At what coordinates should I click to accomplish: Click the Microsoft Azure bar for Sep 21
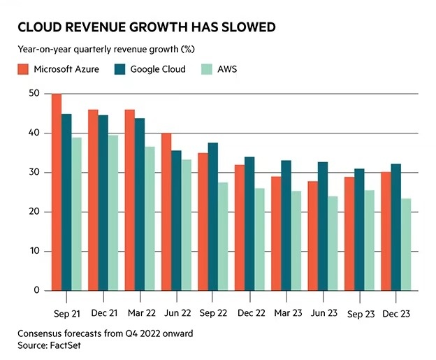pos(57,192)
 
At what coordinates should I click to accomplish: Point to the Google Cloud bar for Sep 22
pos(212,217)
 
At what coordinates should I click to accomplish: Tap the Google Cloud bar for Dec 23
pos(396,227)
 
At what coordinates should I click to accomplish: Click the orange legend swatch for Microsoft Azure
pos(22,69)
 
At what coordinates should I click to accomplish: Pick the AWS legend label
pos(226,69)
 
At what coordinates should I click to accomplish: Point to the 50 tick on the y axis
pos(34,94)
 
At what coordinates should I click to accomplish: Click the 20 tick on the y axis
pos(34,212)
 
